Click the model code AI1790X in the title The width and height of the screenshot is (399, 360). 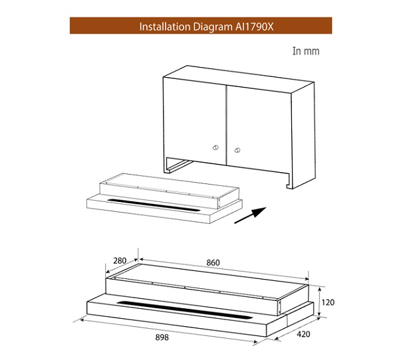coord(254,27)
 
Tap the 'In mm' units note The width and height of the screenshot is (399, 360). coord(306,51)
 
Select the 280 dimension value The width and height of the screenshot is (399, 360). coord(120,260)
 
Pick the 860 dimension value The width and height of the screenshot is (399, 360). coord(213,262)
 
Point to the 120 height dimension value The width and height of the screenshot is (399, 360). coord(328,302)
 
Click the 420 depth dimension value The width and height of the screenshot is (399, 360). coord(303,334)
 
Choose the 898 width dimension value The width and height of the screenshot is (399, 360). coord(162,337)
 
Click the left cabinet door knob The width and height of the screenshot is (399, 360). coord(215,147)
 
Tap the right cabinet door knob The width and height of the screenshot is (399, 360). coord(237,150)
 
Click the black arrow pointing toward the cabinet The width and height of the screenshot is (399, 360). coord(250,215)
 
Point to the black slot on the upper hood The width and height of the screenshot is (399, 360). coord(154,205)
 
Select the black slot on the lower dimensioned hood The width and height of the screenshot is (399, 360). coord(185,310)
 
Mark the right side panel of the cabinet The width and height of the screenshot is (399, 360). coord(303,135)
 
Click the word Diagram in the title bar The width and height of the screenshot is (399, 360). coord(213,27)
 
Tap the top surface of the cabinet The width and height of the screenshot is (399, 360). coord(239,79)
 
